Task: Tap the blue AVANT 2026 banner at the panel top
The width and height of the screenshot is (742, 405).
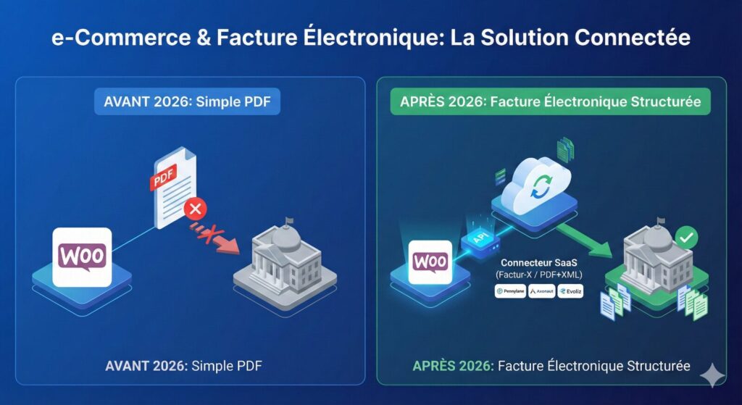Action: tap(187, 101)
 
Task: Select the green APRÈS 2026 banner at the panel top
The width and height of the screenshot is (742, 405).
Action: tap(550, 101)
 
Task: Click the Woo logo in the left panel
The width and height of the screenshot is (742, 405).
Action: tap(83, 256)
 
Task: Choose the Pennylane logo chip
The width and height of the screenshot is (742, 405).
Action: tap(509, 291)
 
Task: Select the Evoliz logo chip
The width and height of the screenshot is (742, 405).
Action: tap(570, 291)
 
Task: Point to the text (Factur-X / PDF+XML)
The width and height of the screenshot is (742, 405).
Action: tap(538, 276)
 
